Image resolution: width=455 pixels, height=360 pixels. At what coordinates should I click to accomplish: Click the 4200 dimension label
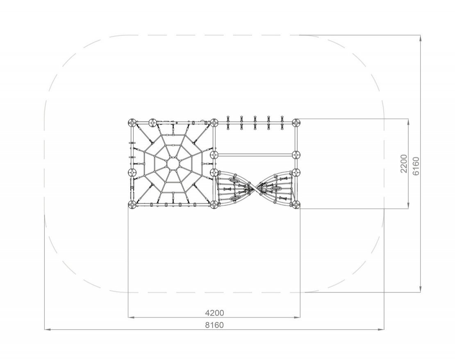coord(214,313)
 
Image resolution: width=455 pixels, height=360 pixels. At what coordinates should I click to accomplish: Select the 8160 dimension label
coord(214,325)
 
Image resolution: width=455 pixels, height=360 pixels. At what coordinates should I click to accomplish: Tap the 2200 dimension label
coord(404,164)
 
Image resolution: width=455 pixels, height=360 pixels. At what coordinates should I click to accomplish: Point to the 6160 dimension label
coord(416,166)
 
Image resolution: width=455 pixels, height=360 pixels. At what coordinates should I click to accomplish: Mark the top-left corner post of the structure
coord(132,123)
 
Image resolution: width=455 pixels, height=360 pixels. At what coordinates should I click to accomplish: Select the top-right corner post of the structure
coord(296,123)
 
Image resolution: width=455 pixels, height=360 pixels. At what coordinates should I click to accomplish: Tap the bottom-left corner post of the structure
coord(132,205)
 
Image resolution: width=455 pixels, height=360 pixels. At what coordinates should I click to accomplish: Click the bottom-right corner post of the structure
coord(296,205)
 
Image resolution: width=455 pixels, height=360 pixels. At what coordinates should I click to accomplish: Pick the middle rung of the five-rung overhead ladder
coord(255,123)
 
